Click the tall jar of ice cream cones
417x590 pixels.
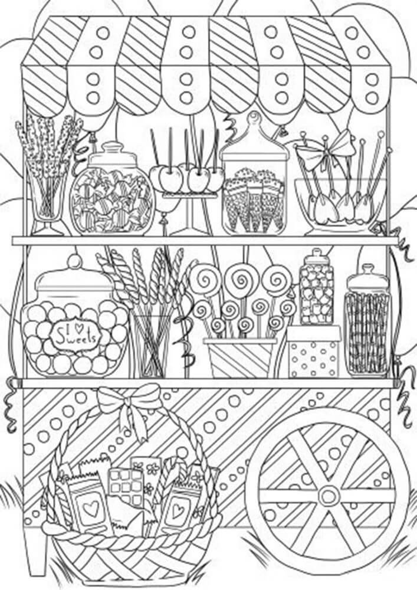coord(254,177)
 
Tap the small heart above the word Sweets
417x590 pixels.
coord(78,327)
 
